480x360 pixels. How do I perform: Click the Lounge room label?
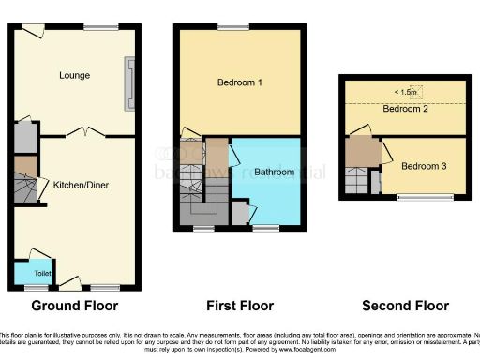tap(73, 75)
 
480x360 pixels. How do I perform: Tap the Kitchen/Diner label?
tap(81, 186)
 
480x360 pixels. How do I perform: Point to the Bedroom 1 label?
tap(239, 82)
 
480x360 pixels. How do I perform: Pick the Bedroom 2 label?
tap(404, 109)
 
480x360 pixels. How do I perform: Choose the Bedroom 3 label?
tap(423, 167)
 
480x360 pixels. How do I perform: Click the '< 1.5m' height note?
tap(407, 92)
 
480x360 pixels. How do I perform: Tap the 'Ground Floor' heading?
tap(74, 306)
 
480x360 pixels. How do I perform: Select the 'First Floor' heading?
tap(239, 306)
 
